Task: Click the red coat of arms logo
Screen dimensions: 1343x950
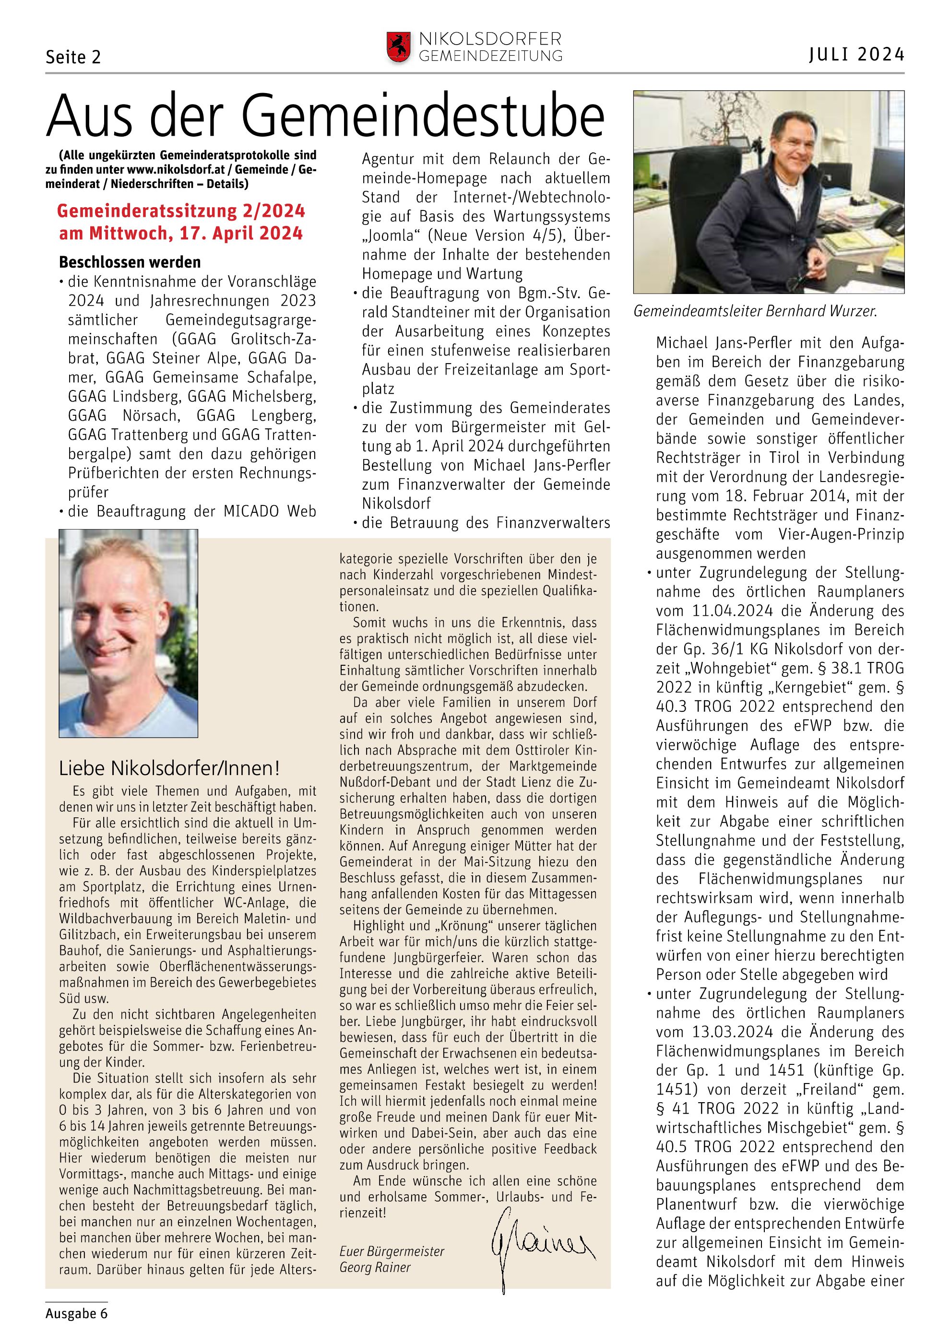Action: (398, 47)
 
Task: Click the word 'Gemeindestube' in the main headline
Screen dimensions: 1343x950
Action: (422, 117)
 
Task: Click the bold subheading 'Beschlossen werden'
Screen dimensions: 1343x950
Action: (130, 262)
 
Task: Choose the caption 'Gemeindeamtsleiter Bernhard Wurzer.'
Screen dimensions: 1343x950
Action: (755, 311)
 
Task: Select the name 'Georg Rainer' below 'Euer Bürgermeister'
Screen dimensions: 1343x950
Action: (375, 1268)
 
